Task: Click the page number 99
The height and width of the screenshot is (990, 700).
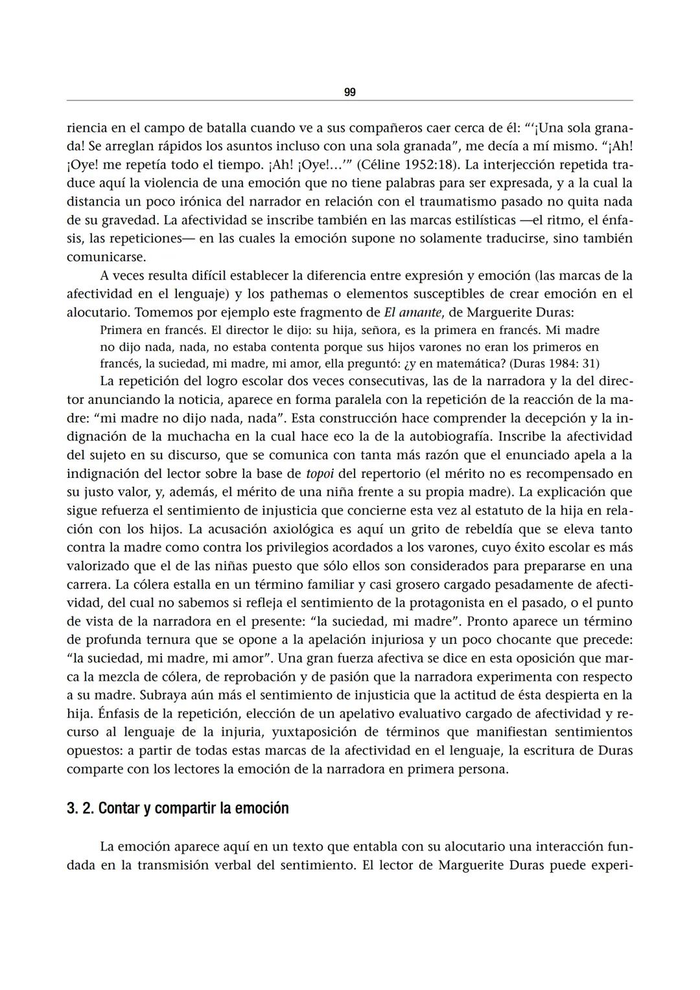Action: [x=349, y=93]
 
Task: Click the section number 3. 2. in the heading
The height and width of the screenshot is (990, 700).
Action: [x=80, y=809]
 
